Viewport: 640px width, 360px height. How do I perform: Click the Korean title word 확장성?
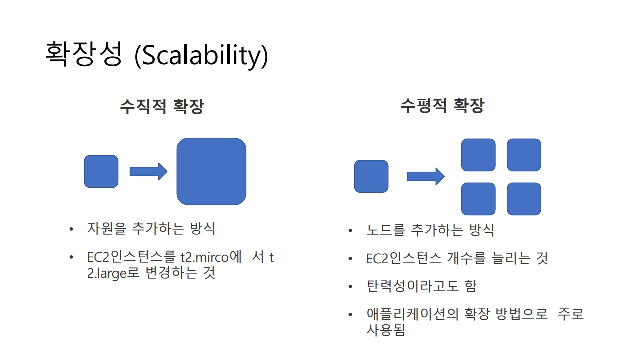pos(83,54)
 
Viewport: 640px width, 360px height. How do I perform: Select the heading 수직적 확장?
pos(162,106)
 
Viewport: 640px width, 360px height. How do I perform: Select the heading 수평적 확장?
pos(442,106)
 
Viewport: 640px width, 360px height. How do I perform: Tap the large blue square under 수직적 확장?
pos(211,171)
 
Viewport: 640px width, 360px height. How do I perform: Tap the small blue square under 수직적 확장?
pos(101,171)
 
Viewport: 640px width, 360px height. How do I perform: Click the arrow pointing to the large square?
pos(148,171)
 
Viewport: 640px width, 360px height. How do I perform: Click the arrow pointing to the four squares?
pos(426,176)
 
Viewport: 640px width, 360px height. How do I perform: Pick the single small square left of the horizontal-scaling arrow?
pos(371,176)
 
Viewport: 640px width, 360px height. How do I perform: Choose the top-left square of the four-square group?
pos(478,155)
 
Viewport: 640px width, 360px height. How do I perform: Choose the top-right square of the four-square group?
pos(524,155)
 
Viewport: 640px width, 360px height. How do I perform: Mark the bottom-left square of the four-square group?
pos(478,199)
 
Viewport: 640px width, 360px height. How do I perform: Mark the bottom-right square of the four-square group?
pos(524,199)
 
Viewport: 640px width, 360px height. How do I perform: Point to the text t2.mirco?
pos(204,258)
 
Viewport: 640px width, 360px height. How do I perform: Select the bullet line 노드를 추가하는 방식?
pos(430,230)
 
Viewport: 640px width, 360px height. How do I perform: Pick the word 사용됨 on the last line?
pos(385,330)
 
